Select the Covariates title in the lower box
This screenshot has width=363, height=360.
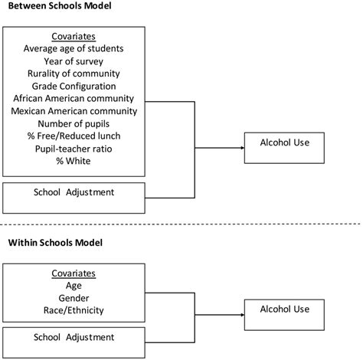[x=74, y=273]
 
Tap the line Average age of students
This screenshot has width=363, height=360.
[x=74, y=49]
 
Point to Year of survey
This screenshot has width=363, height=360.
[x=74, y=61]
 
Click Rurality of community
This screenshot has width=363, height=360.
[x=74, y=74]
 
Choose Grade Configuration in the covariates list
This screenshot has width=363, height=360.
[x=74, y=86]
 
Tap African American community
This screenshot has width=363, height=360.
[x=74, y=98]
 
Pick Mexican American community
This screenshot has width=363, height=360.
[x=74, y=110]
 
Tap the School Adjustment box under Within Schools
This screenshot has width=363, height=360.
[x=74, y=338]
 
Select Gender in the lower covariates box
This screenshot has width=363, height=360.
[x=74, y=297]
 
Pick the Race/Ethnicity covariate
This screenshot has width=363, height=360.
[x=74, y=309]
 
